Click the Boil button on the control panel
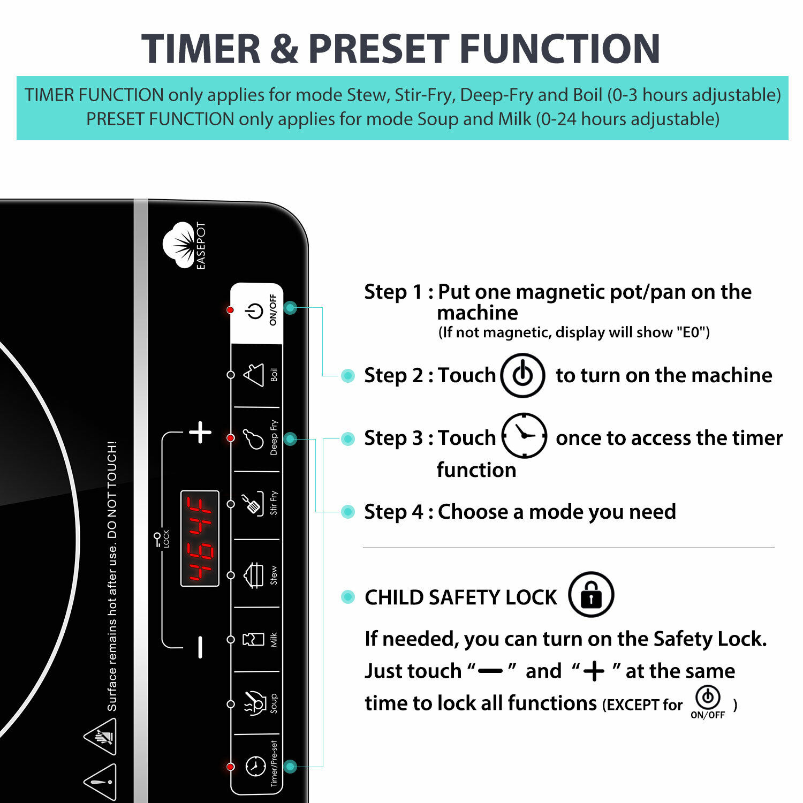click(x=256, y=375)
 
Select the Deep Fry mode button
click(x=255, y=438)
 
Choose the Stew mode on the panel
click(x=255, y=575)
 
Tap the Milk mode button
click(x=255, y=639)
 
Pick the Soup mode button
click(x=256, y=703)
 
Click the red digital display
click(x=200, y=538)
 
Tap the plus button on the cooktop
click(x=200, y=432)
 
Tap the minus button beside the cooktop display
click(x=200, y=647)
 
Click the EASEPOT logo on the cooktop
click(x=184, y=246)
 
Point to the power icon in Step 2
click(x=522, y=375)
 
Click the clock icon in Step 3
click(x=524, y=436)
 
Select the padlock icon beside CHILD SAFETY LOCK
click(x=590, y=595)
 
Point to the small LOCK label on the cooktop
click(x=163, y=539)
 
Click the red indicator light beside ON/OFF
click(x=230, y=310)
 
